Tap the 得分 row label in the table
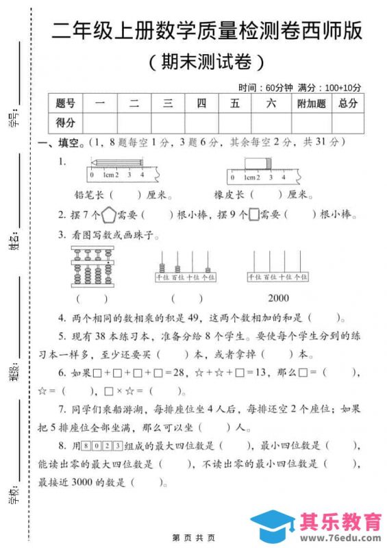point(65,123)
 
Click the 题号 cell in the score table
point(65,103)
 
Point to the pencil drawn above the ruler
point(116,162)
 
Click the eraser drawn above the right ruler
point(256,162)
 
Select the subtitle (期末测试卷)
point(205,63)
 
